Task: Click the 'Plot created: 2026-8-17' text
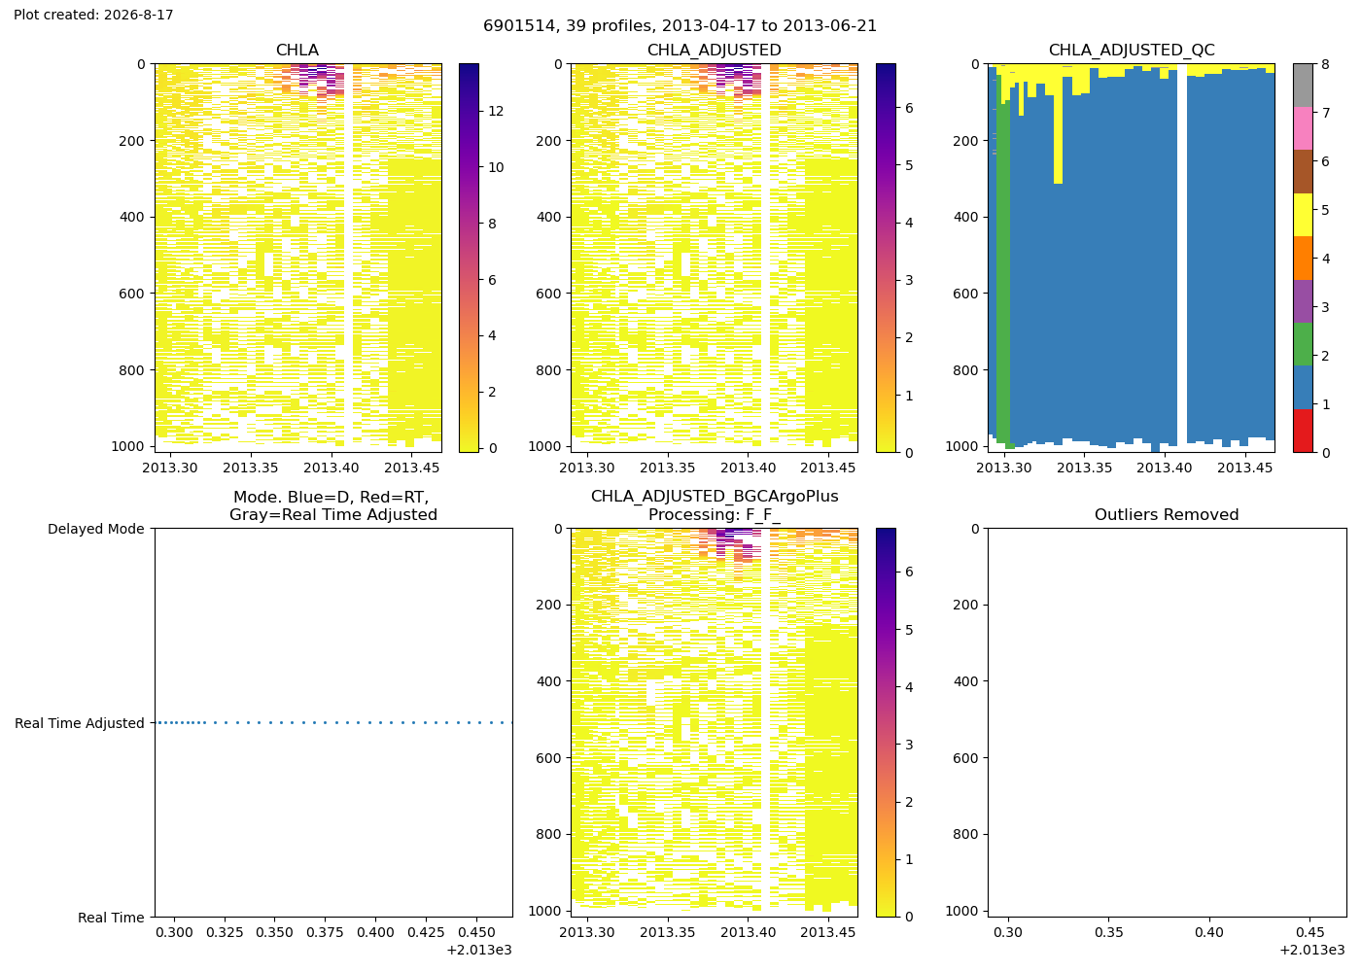93,15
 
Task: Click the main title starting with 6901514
680,26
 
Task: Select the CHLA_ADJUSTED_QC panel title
1132,50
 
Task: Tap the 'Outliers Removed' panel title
1167,514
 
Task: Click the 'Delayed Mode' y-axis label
96,529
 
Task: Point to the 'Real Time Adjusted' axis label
80,723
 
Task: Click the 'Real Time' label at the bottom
111,918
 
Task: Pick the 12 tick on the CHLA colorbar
496,111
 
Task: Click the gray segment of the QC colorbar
1303,86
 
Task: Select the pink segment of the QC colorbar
1303,128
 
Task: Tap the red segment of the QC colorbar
1303,431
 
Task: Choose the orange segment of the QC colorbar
1303,259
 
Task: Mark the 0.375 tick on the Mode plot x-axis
325,932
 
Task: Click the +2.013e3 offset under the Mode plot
479,951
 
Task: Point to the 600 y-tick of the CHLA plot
132,294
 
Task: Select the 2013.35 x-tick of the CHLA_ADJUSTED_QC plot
1084,468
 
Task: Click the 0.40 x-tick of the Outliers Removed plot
1209,932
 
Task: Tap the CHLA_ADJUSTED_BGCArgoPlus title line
715,497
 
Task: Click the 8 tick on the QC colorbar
1325,64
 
